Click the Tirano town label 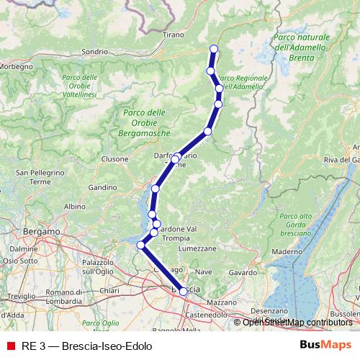[174, 34]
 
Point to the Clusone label [114, 158]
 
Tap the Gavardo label [243, 273]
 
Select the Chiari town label [109, 289]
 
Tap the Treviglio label [21, 297]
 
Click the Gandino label [103, 187]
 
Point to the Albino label [74, 207]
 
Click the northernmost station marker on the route [213, 49]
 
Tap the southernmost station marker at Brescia [184, 292]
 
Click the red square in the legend [11, 346]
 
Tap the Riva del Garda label [340, 159]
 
